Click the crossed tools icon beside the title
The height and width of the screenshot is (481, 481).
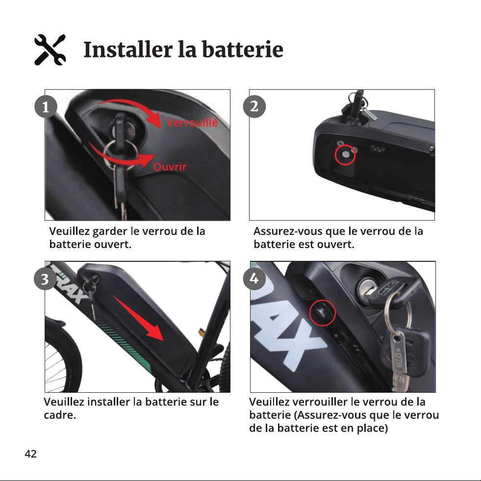(x=50, y=50)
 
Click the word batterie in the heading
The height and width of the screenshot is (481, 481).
(x=242, y=50)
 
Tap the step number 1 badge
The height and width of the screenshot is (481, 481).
(x=46, y=107)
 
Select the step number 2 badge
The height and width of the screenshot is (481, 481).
(x=254, y=106)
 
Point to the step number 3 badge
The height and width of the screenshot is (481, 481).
(x=45, y=279)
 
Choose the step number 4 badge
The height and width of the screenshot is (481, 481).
(x=254, y=278)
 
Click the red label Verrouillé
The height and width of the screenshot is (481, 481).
(x=192, y=123)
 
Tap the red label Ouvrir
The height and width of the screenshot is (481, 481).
(x=170, y=167)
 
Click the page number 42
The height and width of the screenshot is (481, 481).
(x=31, y=454)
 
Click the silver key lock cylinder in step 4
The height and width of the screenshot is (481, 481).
(x=367, y=289)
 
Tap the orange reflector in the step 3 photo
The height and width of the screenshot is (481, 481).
(x=201, y=332)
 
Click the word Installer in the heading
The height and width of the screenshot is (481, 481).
(x=128, y=50)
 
